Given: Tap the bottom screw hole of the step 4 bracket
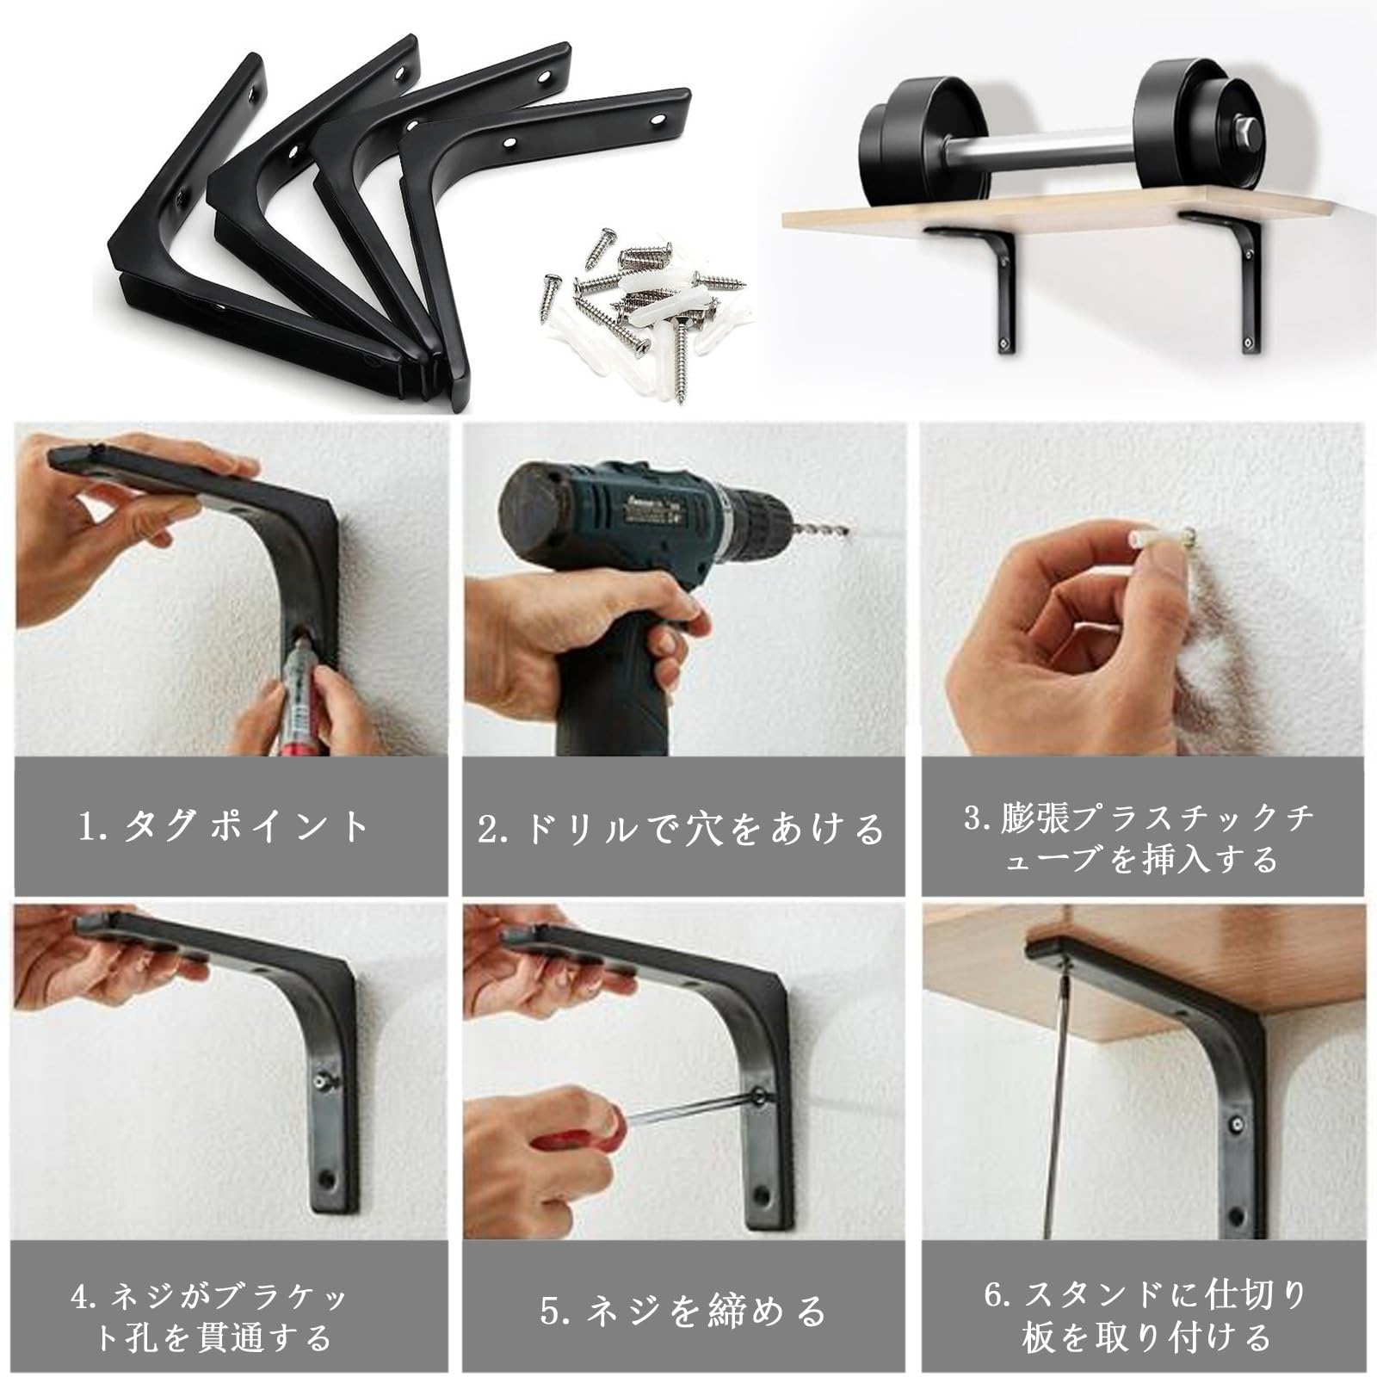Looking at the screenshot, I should pos(327,1176).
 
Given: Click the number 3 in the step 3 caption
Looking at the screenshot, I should pos(974,818).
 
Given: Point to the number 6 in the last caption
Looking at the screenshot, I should pos(995,1296).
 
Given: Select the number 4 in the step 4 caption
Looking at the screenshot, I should pos(80,1296).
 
